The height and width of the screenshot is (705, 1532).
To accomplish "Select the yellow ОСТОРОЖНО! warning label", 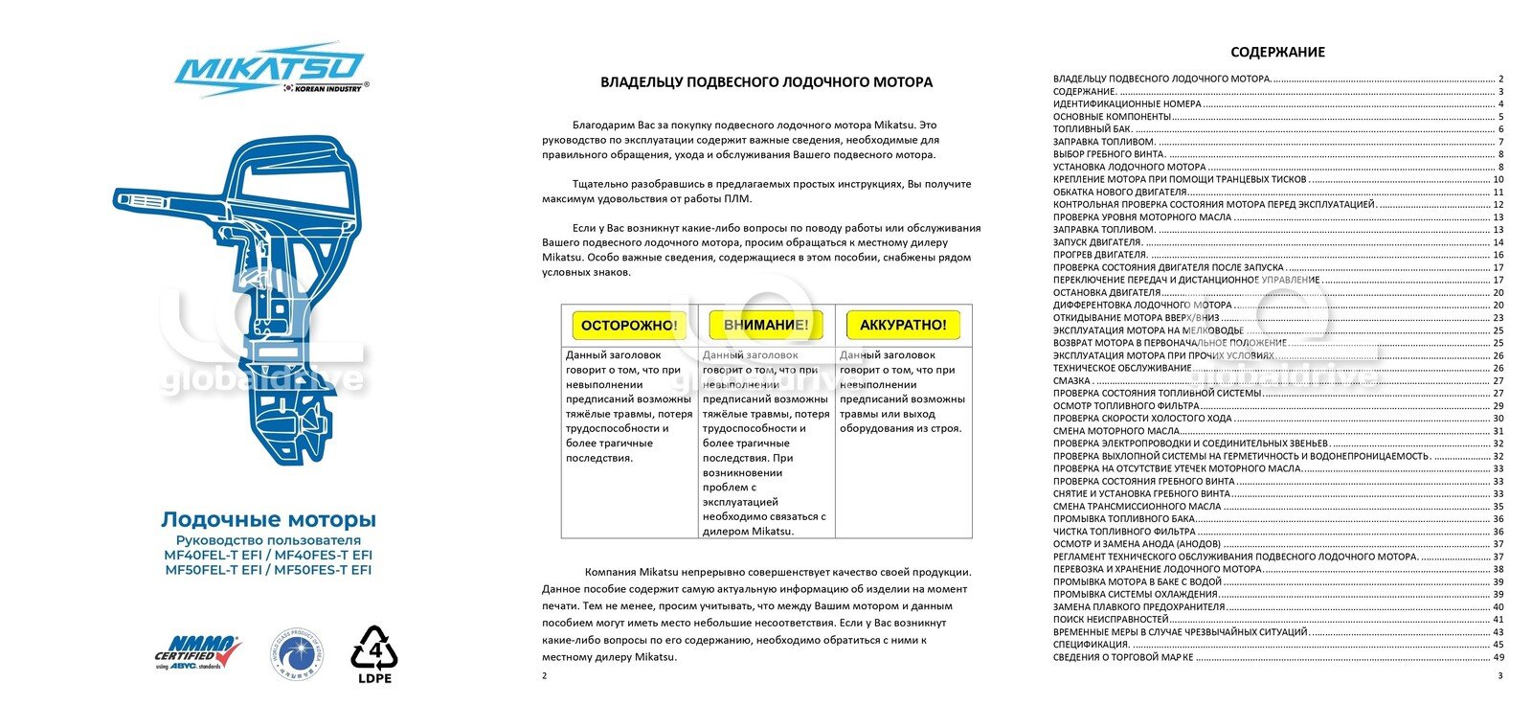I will tap(629, 326).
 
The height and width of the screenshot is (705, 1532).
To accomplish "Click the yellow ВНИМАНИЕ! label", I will tap(766, 326).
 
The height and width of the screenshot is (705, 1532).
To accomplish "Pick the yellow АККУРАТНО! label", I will tap(903, 326).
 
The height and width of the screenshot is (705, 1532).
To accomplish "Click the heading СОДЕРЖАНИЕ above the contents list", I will tap(1277, 53).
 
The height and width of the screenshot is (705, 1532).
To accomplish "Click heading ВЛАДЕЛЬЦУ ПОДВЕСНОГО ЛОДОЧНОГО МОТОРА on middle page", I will tap(766, 82).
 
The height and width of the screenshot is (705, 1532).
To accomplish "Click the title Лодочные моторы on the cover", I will tap(268, 520).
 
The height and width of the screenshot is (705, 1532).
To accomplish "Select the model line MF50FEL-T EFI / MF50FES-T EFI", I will tap(268, 570).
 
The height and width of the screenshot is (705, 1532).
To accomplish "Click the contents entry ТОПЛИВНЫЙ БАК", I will tap(1093, 129).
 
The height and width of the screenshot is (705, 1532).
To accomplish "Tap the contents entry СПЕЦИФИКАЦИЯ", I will tap(1091, 645).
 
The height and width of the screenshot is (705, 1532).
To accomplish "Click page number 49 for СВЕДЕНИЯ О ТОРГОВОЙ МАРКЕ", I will tap(1498, 658).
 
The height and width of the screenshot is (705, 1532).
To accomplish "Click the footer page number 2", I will tap(545, 676).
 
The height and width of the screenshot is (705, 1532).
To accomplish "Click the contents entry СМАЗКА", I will tap(1071, 381).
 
